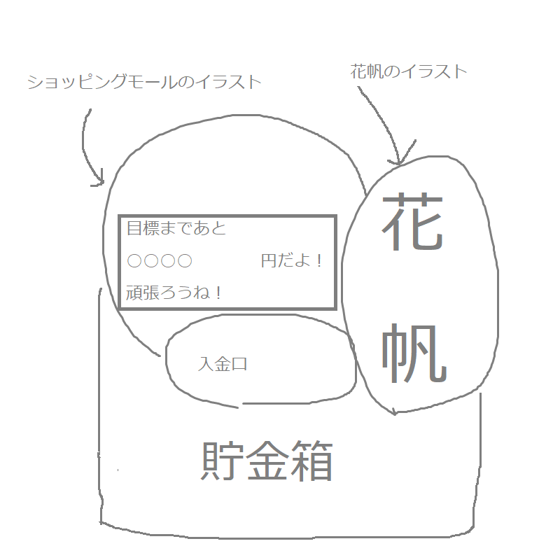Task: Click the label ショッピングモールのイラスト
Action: [x=145, y=82]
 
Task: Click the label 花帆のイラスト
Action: [x=409, y=71]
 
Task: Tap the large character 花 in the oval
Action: [x=413, y=222]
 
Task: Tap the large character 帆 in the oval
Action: [x=414, y=353]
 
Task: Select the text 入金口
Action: [x=223, y=364]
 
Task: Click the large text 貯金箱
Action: [x=267, y=461]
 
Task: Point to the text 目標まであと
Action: [x=176, y=228]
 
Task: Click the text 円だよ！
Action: [x=292, y=260]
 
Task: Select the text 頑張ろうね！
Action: [x=174, y=293]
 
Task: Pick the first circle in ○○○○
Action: [x=134, y=261]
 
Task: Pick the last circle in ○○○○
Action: [x=185, y=261]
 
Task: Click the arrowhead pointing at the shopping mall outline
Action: [x=100, y=181]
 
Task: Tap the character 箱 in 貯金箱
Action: [x=312, y=461]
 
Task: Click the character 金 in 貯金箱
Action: [x=267, y=461]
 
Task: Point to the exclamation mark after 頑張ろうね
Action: [x=218, y=293]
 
